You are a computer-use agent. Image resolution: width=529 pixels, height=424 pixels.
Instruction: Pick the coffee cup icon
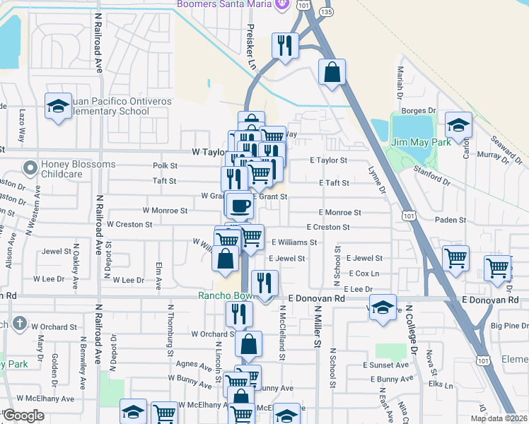point(239,205)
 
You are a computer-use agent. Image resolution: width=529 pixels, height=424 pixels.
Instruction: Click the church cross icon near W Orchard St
point(19,325)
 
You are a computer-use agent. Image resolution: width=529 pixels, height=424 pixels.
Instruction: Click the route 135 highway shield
point(325,11)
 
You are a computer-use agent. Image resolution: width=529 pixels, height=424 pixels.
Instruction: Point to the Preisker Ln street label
point(251,46)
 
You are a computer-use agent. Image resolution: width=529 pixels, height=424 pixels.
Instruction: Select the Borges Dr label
point(419,111)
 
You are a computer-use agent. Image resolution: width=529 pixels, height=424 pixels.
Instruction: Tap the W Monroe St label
point(165,211)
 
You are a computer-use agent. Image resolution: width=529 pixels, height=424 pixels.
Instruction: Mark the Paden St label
point(450,220)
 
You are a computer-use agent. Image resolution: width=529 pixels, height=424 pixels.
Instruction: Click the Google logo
point(23,416)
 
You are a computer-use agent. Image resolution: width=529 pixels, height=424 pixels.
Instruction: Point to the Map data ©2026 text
point(497,418)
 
